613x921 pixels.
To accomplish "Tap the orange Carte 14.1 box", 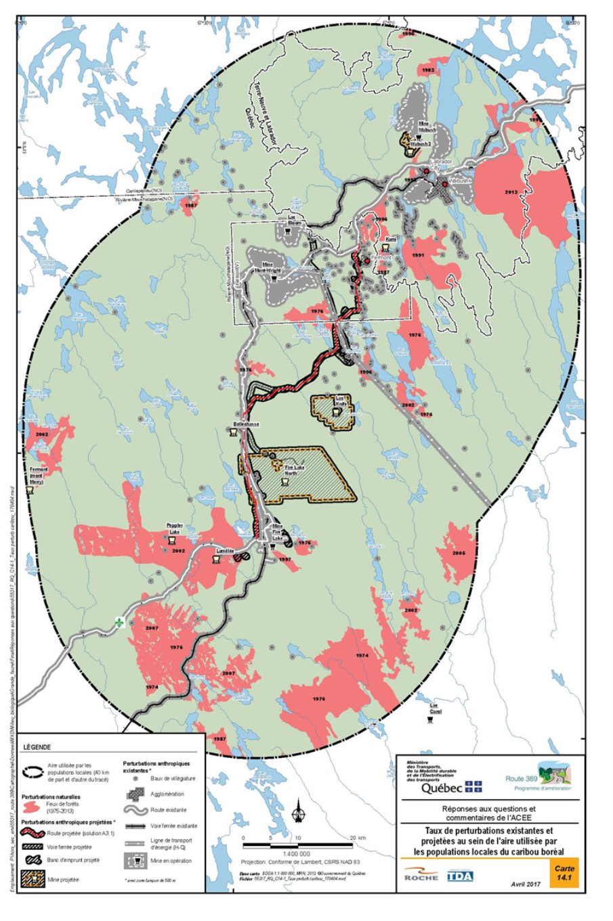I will (564, 873).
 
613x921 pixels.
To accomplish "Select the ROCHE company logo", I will (421, 876).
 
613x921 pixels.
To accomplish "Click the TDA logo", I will (460, 876).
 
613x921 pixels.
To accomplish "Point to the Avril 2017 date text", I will (528, 884).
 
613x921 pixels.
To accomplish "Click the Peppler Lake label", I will (174, 529).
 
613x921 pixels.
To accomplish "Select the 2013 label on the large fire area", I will (511, 192).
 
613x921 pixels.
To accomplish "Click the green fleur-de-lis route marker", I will (120, 623).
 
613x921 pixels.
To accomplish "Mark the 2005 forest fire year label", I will (459, 553).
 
